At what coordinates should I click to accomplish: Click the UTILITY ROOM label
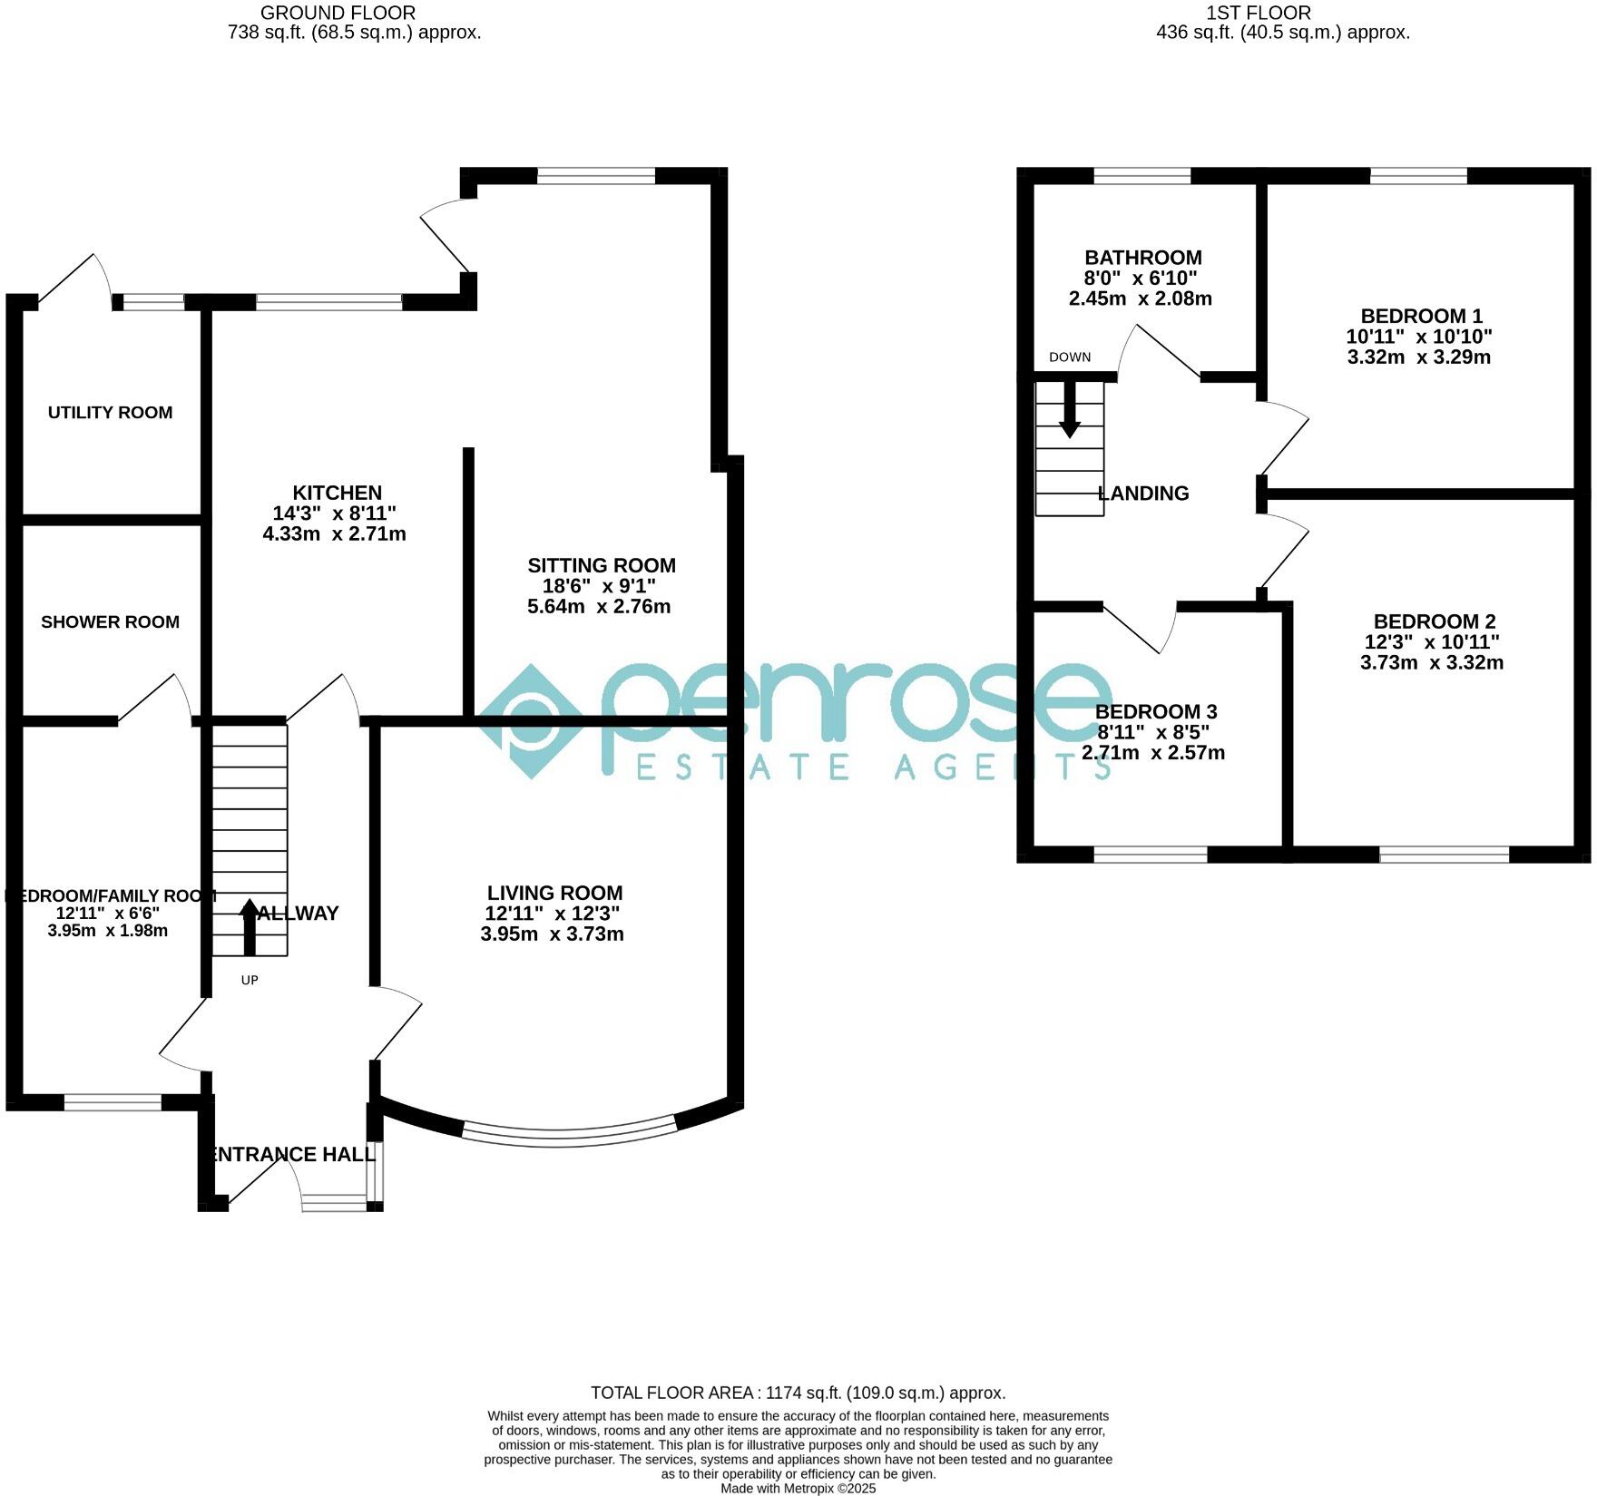[110, 413]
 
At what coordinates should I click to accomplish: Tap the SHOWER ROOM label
[110, 622]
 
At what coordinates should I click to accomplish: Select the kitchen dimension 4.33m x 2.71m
[334, 534]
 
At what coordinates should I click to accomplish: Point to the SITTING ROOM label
[602, 565]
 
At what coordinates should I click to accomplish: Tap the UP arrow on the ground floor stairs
[250, 925]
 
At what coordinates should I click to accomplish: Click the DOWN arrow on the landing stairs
[1070, 409]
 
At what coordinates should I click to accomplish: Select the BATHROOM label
[1142, 258]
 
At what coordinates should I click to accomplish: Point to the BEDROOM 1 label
[1421, 316]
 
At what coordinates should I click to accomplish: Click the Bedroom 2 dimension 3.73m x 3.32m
[1431, 663]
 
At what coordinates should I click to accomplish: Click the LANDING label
[1143, 494]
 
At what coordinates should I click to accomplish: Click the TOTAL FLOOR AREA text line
[798, 1393]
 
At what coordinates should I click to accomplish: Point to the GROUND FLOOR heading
[338, 13]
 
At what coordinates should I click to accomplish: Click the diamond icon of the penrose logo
[531, 720]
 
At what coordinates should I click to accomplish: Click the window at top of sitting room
[595, 176]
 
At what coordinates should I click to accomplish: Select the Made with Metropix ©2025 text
[798, 1489]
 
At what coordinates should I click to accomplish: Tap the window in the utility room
[153, 303]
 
